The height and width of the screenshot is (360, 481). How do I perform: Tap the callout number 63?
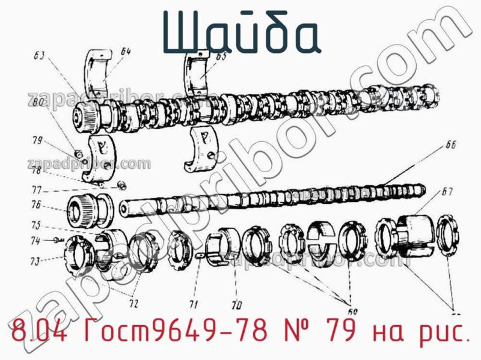pos(40,56)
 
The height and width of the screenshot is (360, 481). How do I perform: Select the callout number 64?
pos(125,52)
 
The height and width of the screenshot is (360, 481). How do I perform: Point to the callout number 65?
pos(221,57)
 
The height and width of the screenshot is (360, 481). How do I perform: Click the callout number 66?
pos(451,144)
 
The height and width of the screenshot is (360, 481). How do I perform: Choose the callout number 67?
pos(447,192)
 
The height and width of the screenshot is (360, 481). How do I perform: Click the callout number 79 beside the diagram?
pos(37,142)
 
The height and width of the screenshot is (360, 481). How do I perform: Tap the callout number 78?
pos(37,171)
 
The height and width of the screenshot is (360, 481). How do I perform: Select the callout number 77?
pos(37,190)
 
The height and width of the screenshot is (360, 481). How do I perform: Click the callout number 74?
pos(36,241)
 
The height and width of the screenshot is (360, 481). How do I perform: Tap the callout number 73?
pos(36,261)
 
